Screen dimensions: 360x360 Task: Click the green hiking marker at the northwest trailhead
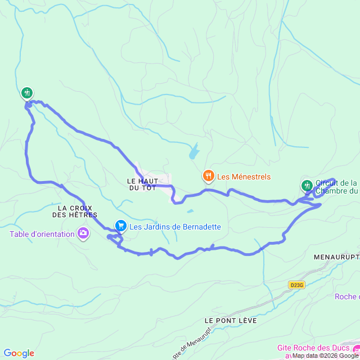coord(26,93)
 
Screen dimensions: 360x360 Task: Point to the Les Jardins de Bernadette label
coord(175,227)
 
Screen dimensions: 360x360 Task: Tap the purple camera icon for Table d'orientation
coord(83,233)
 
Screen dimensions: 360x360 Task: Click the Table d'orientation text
coord(42,234)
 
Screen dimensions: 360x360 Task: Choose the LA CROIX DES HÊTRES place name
coord(75,211)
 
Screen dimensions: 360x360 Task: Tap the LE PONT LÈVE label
coord(231,320)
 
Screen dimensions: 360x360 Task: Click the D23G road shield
coord(296,285)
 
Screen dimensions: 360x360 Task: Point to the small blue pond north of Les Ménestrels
coord(194,151)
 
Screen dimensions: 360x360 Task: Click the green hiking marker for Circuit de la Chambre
coord(307,184)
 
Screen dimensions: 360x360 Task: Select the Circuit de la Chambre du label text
coord(336,187)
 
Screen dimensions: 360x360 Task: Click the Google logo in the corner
coord(18,353)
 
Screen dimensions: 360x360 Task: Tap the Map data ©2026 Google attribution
coord(325,355)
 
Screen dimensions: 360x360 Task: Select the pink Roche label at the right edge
coord(346,296)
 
